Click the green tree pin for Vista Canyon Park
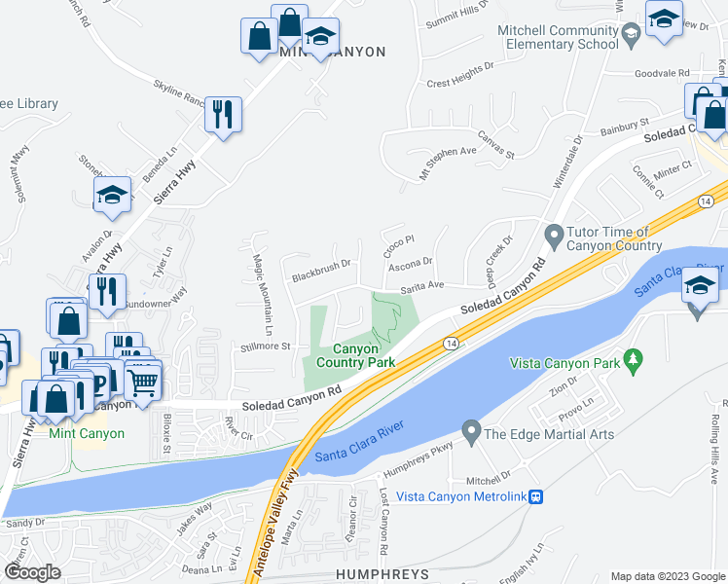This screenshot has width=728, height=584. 634,361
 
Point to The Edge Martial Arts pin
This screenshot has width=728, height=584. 471,429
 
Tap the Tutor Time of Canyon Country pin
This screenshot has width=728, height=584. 554,235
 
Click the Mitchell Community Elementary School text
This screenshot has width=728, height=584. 558,37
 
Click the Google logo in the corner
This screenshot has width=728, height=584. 31,572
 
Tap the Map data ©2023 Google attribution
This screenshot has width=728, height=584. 668,576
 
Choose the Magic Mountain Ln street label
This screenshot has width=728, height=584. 263,287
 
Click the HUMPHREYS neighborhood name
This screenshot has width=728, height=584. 382,574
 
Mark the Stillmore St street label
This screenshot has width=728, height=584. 266,346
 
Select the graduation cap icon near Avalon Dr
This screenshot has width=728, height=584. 112,195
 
